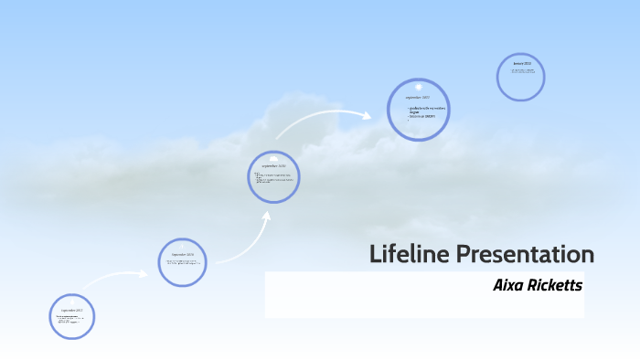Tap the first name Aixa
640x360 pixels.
pos(510,285)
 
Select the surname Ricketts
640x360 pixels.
pos(556,285)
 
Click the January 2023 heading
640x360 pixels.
pos(522,63)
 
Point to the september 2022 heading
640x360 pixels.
pos(418,97)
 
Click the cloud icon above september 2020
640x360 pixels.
pos(274,158)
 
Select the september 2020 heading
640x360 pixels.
pos(274,166)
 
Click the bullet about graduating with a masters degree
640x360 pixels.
pos(427,109)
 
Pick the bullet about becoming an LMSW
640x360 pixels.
pos(422,116)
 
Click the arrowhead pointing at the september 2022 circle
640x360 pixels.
pos(367,116)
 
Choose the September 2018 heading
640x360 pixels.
pos(183,255)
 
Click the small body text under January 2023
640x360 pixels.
pos(523,69)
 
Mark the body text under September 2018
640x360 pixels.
pos(181,263)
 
